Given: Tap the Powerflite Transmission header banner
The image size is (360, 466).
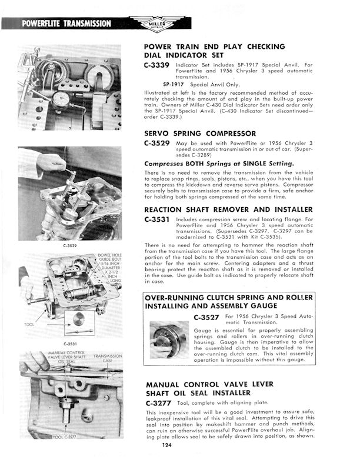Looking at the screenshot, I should click(x=66, y=24).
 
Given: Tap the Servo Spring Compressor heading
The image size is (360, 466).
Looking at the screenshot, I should click(x=200, y=134).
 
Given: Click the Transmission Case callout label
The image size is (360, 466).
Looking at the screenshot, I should click(x=110, y=358).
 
